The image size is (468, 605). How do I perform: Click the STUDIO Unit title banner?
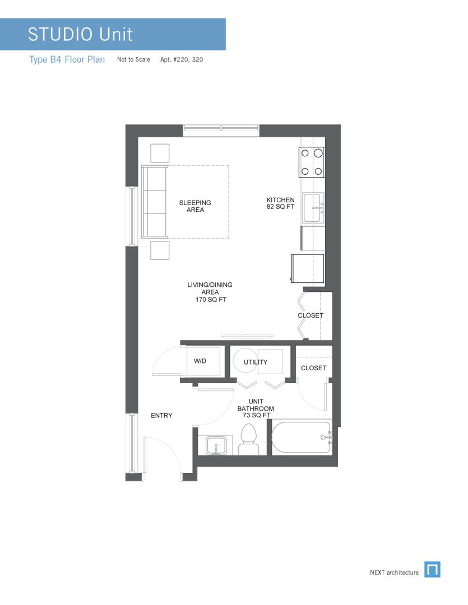click(x=112, y=34)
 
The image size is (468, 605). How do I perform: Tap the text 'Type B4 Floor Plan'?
click(x=67, y=59)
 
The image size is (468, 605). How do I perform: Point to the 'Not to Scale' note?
click(x=133, y=59)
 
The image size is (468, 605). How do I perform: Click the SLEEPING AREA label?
click(x=195, y=206)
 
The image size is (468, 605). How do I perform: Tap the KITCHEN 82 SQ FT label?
click(x=280, y=203)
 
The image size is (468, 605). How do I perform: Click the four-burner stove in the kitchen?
click(x=312, y=161)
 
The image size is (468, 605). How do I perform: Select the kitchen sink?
click(x=313, y=208)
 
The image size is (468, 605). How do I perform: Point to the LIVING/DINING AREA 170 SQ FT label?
click(x=210, y=292)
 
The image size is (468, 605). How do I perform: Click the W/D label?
click(x=200, y=361)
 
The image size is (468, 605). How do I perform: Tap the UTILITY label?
click(x=256, y=362)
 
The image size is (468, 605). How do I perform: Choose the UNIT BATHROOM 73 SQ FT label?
click(x=255, y=408)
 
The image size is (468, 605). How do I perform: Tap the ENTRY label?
click(x=161, y=416)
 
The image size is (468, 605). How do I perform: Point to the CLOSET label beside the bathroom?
click(x=313, y=368)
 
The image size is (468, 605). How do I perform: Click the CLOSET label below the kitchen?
click(x=310, y=315)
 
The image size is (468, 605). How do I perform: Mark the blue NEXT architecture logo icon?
click(x=432, y=569)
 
